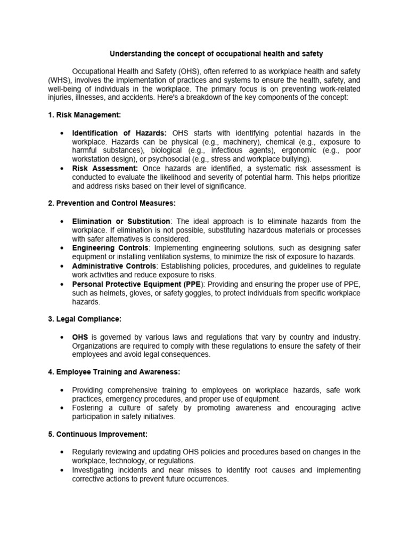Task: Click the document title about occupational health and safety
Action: (x=216, y=54)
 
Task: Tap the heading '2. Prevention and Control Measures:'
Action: (x=111, y=203)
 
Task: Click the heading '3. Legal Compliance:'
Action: (x=85, y=319)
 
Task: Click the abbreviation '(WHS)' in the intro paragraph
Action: (x=60, y=80)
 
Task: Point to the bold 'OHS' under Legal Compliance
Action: (x=80, y=337)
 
